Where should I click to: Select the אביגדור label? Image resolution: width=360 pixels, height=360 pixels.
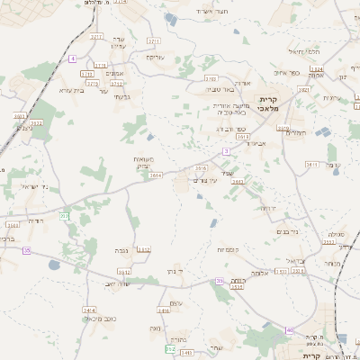tap(259, 142)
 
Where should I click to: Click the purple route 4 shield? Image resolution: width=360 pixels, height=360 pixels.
tap(71, 58)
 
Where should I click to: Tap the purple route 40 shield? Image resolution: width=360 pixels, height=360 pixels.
tap(290, 330)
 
